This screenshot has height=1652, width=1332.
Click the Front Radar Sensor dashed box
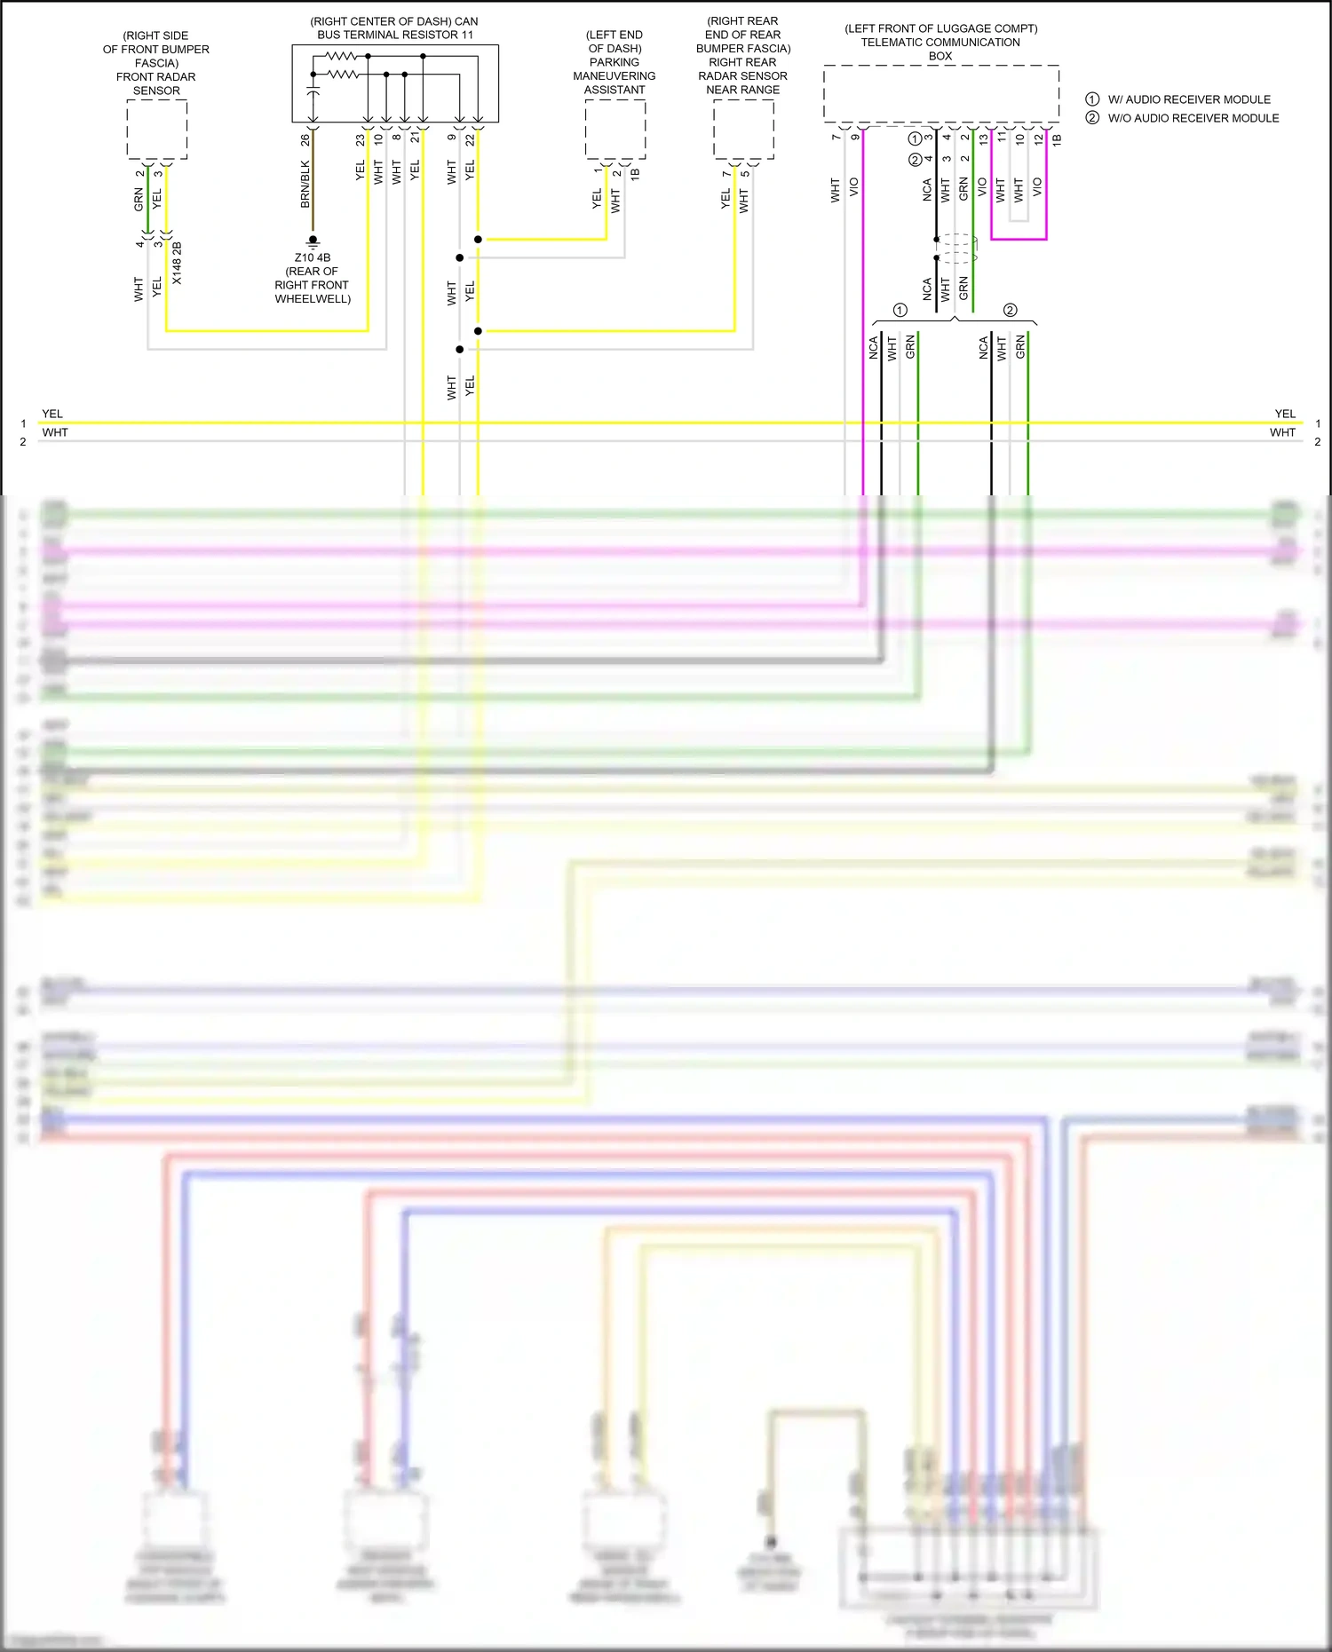(x=156, y=129)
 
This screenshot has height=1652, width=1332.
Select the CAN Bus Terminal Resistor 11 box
(x=395, y=83)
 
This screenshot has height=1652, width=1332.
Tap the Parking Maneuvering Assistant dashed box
(x=614, y=129)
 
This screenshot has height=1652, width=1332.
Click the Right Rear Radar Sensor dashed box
(x=743, y=129)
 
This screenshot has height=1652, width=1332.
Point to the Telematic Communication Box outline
(x=940, y=93)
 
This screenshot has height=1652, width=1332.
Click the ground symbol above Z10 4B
(x=313, y=241)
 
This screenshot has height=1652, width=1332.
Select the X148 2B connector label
(x=177, y=263)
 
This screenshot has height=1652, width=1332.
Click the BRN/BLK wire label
(x=305, y=185)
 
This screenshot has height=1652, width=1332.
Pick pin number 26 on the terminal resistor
(x=305, y=140)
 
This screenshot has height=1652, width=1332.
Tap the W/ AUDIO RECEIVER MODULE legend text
(x=1188, y=99)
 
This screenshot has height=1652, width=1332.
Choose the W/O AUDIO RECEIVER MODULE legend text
(x=1193, y=118)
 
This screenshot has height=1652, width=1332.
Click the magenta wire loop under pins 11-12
(x=1019, y=238)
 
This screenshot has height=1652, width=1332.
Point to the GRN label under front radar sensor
(x=139, y=200)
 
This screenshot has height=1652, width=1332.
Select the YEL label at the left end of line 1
(x=52, y=414)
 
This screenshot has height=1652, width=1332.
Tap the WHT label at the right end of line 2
(x=1281, y=432)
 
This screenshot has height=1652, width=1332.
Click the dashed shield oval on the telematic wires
(x=957, y=248)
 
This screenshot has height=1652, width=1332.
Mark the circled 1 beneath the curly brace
(x=900, y=310)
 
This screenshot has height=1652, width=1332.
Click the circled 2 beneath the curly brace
(x=1010, y=310)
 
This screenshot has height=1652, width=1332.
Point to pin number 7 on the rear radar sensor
(x=726, y=173)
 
